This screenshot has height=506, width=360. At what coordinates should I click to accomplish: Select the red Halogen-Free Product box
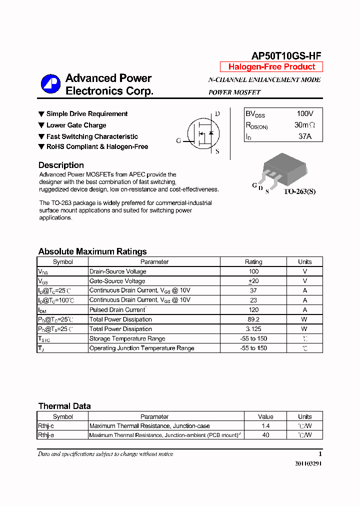[271, 67]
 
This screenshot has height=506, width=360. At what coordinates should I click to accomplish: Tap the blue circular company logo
[50, 84]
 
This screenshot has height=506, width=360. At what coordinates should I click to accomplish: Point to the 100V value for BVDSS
[305, 114]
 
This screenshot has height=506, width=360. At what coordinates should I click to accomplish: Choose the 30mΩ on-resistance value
[305, 125]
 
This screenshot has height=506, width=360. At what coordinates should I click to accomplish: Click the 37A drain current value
[305, 136]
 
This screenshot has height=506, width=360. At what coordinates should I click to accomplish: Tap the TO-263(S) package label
[300, 191]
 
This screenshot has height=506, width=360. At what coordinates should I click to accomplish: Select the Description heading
[61, 165]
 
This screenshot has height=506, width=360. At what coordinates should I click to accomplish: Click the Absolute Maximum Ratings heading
[92, 251]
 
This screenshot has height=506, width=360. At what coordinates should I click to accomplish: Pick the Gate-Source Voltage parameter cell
[117, 281]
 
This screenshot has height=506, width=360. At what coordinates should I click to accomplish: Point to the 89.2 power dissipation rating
[253, 319]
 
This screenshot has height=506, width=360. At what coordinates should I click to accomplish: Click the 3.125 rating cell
[253, 329]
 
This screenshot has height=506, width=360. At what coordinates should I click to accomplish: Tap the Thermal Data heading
[64, 406]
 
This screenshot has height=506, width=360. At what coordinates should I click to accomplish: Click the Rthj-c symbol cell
[46, 426]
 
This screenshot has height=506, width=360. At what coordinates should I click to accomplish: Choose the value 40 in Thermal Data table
[265, 435]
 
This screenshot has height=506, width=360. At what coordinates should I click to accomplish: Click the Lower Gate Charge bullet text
[76, 125]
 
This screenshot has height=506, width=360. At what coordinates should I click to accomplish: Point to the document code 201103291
[308, 463]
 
